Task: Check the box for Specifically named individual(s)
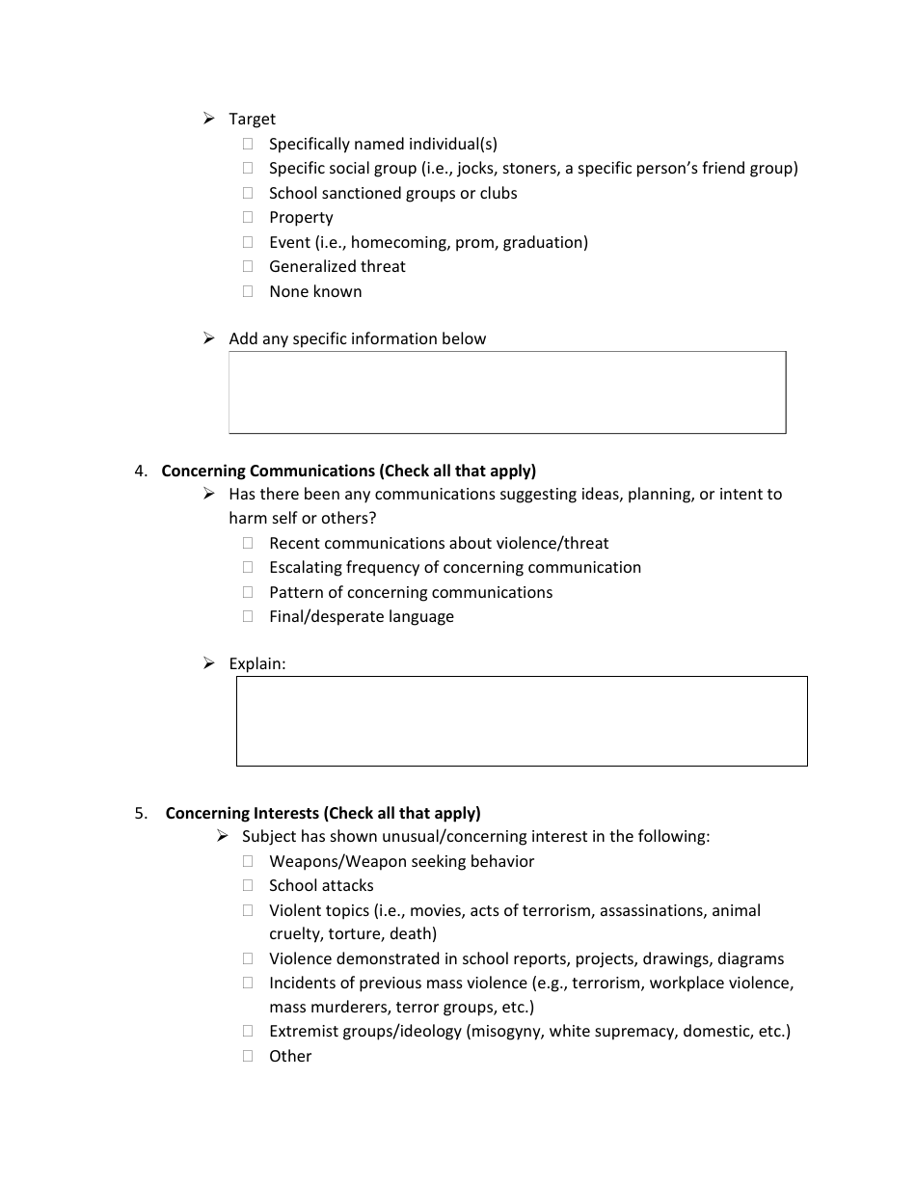tap(248, 144)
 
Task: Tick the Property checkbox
tap(248, 217)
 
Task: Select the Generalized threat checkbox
tap(248, 266)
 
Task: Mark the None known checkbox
tap(248, 291)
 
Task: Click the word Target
tap(252, 119)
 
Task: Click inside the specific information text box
tap(507, 392)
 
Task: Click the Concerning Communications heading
tap(348, 471)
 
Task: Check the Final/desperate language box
tap(248, 616)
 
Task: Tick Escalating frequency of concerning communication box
tap(248, 567)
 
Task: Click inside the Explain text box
tap(522, 721)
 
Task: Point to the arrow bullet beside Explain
tap(209, 663)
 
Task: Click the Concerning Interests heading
tap(323, 813)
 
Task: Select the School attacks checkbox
tap(248, 885)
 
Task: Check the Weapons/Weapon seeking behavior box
tap(248, 861)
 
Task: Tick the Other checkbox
tap(248, 1056)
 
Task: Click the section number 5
tap(141, 813)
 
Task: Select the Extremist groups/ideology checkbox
tap(248, 1031)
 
